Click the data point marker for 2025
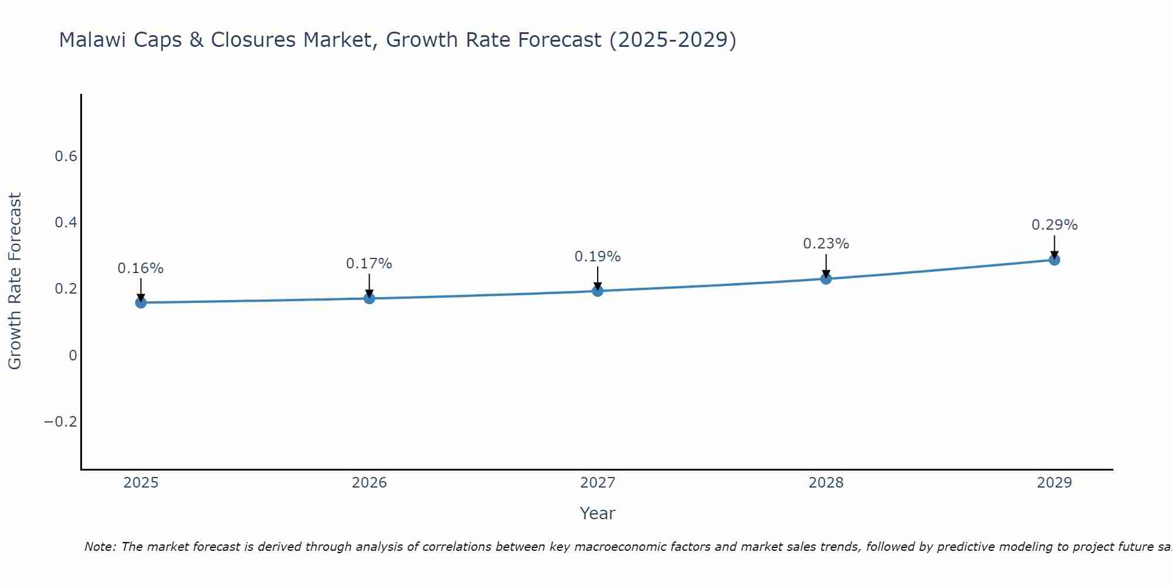[x=141, y=302]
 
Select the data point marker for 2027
[x=598, y=291]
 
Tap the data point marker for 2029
[x=1054, y=260]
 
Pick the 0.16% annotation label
[x=141, y=268]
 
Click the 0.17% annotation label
[x=369, y=264]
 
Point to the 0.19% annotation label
[x=598, y=257]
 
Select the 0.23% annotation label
[x=826, y=244]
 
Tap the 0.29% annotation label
[x=1054, y=225]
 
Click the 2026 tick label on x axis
[x=369, y=483]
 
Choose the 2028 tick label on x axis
[x=826, y=483]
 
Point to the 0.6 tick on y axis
[x=66, y=156]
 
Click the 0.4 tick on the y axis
[x=66, y=223]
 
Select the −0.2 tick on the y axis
[x=60, y=422]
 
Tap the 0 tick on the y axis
[x=73, y=356]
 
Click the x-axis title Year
[x=597, y=514]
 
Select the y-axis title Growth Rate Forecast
[x=15, y=281]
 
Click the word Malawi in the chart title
[x=91, y=40]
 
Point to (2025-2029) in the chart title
[x=672, y=40]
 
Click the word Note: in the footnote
[x=101, y=547]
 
